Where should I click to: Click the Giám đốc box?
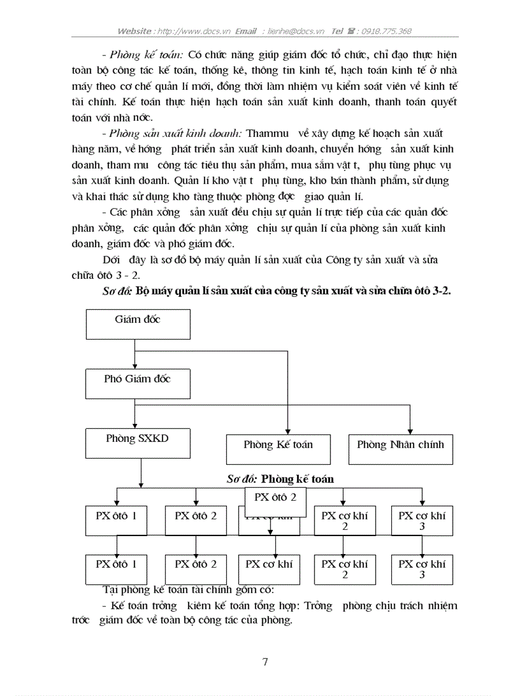[138, 324]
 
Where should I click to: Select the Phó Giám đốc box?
[138, 384]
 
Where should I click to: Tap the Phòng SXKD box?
[138, 443]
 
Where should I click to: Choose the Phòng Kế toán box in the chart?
[278, 449]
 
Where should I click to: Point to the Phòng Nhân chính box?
[401, 449]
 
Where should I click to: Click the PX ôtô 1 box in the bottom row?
[116, 569]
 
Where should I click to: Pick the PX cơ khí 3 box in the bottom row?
[422, 569]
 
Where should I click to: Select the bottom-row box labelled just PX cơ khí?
[269, 569]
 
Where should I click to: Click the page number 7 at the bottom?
[265, 662]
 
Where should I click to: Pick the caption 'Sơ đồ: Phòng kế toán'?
[280, 478]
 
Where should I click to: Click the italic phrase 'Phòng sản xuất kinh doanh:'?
[176, 133]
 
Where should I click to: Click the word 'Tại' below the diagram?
[110, 589]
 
